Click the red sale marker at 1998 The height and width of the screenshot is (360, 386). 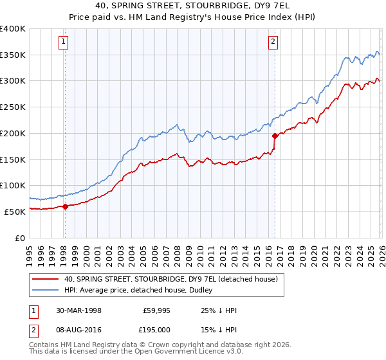click(x=65, y=206)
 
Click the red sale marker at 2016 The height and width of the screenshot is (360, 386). click(x=275, y=136)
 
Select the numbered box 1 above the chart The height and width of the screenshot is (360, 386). click(x=64, y=42)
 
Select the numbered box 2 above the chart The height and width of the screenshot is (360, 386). click(x=273, y=42)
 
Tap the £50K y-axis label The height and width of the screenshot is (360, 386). click(x=14, y=212)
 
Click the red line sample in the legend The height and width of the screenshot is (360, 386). click(x=46, y=279)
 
